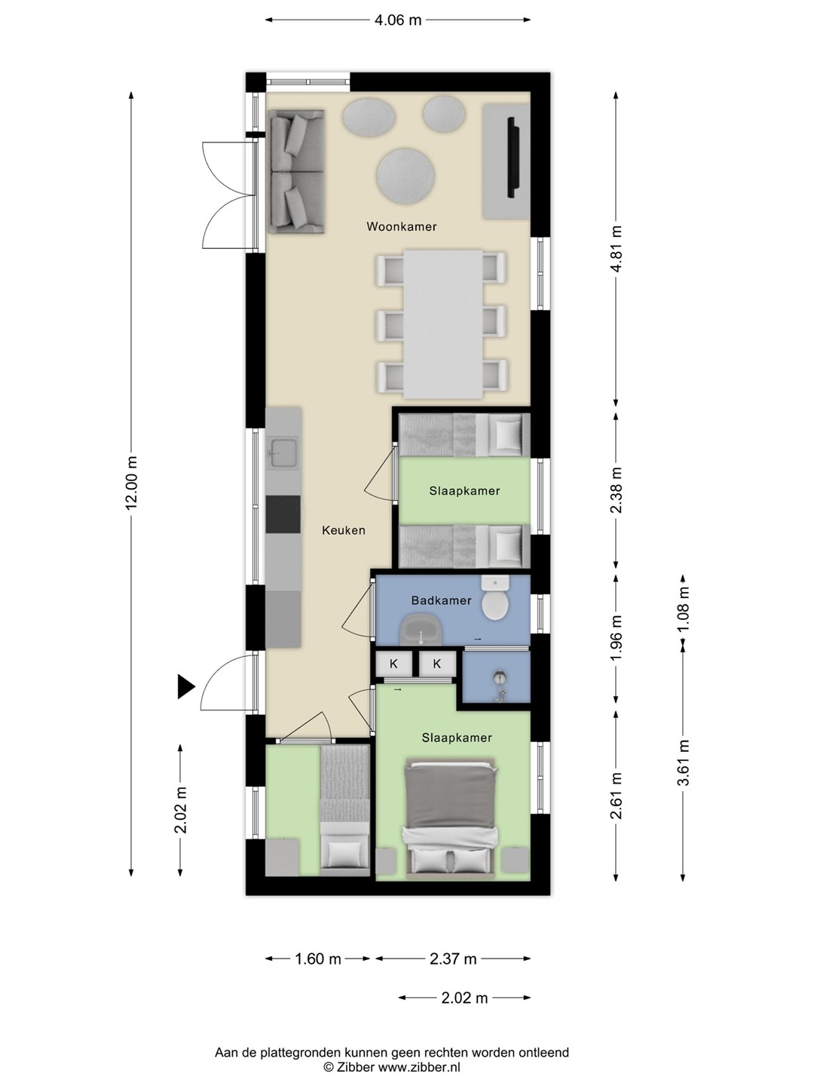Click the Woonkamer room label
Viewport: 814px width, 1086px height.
[x=401, y=226]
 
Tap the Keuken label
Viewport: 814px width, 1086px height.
[x=344, y=530]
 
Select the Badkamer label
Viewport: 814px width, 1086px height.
[x=442, y=600]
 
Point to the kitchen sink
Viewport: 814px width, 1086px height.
[x=283, y=453]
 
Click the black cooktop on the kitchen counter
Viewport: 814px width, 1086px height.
[x=283, y=514]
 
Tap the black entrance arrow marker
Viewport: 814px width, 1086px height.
[x=186, y=687]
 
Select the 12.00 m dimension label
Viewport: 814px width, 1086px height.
[x=131, y=483]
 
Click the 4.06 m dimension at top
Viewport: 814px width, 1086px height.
[x=398, y=20]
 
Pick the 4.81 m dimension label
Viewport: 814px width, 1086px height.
[x=616, y=249]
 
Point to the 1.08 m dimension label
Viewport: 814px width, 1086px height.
[x=683, y=609]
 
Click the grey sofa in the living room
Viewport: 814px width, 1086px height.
[x=296, y=171]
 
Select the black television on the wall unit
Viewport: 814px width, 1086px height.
[x=512, y=157]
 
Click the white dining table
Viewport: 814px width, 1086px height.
[x=443, y=324]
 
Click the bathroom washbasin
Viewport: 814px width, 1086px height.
[x=421, y=630]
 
